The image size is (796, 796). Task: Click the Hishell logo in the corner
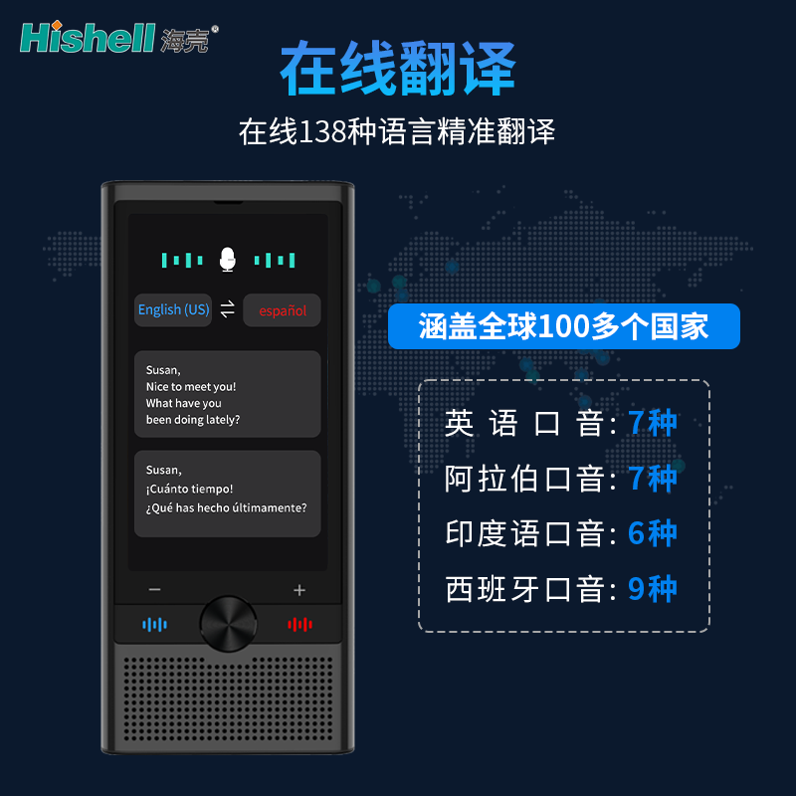click(x=119, y=37)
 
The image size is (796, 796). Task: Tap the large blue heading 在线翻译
click(x=398, y=69)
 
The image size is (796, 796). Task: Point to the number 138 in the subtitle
click(x=322, y=131)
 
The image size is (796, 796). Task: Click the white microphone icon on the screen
click(x=228, y=260)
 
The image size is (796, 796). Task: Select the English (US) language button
click(x=173, y=309)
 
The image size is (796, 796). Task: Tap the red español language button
click(x=283, y=310)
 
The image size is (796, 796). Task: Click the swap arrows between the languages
click(x=228, y=308)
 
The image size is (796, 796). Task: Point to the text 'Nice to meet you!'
click(x=191, y=387)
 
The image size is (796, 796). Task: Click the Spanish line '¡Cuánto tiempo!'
click(x=189, y=489)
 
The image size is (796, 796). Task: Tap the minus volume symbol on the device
click(x=155, y=589)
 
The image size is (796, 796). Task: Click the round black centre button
click(x=228, y=624)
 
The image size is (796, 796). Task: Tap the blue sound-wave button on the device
click(x=155, y=625)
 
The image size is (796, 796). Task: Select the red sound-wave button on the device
click(x=300, y=625)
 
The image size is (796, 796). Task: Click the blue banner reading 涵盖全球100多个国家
click(x=563, y=326)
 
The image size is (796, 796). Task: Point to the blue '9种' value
click(x=653, y=589)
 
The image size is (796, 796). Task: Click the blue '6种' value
click(x=653, y=533)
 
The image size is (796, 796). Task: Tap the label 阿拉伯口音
click(x=525, y=479)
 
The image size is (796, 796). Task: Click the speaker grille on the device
click(x=228, y=699)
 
